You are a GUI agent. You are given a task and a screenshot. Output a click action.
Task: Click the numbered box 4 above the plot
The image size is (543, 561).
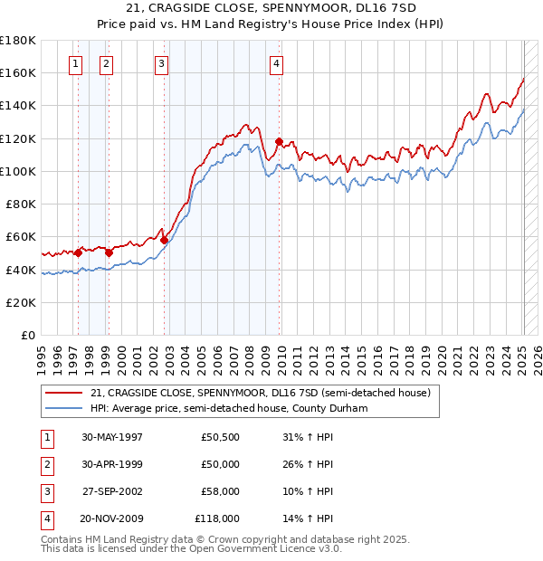point(275,63)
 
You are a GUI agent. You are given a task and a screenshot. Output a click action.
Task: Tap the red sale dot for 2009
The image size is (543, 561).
point(279,141)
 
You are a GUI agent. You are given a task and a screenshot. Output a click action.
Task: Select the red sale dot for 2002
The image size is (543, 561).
point(164,240)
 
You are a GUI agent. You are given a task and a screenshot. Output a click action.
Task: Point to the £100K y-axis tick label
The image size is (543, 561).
point(18,171)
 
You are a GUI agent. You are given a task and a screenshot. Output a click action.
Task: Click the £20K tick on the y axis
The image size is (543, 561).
point(22,303)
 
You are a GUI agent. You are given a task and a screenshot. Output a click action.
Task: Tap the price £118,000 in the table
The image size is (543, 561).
point(217,518)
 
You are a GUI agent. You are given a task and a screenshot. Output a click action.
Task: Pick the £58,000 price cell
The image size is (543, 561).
point(220,491)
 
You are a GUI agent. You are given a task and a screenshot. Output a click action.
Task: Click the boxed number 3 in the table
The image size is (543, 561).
point(45,491)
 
